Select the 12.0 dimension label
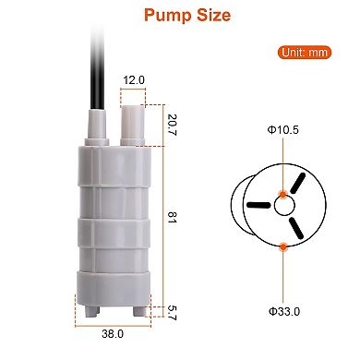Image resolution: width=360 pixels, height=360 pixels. [134, 81]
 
